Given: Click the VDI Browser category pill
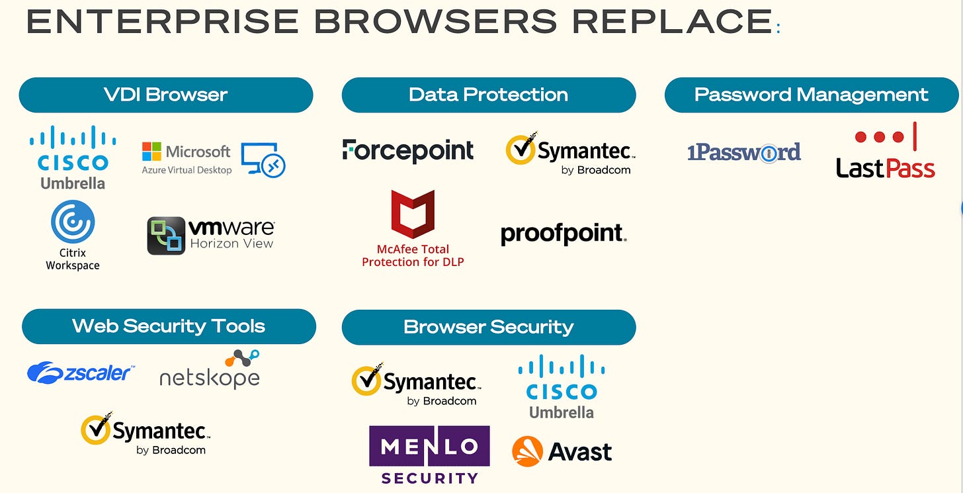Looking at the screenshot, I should tap(165, 95).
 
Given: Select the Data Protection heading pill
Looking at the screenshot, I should tap(488, 95).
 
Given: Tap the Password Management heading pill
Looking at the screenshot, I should tap(811, 95).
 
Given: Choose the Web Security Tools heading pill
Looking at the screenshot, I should tap(169, 326).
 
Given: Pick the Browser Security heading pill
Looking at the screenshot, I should tap(488, 327).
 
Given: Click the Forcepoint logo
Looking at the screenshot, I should tap(408, 151).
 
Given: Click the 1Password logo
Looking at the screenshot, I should tap(744, 153).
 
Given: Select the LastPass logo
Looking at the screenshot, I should tap(885, 152).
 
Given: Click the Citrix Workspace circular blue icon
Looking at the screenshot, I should tap(73, 222).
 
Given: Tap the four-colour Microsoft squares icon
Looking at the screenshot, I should tap(152, 152).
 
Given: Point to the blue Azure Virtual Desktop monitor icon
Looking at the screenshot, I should tap(263, 159).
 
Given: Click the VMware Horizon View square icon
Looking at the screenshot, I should tap(165, 236).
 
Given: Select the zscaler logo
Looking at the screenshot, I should tap(80, 373).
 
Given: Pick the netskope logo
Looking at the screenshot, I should tap(210, 371).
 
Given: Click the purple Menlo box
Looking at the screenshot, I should tap(429, 447).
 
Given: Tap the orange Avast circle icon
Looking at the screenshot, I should tap(527, 451).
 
